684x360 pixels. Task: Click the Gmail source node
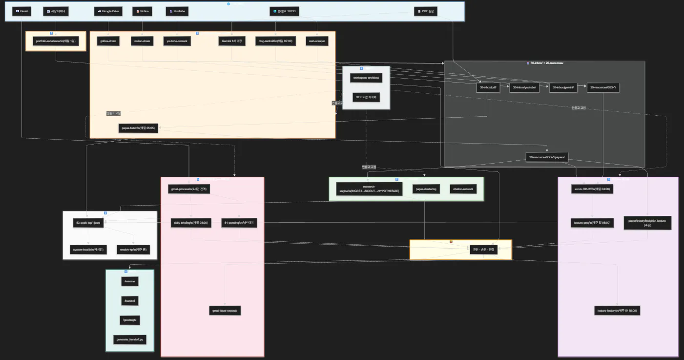click(x=22, y=11)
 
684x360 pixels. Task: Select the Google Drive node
click(x=108, y=11)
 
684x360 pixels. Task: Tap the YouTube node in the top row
click(x=177, y=11)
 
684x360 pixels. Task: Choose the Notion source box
click(x=143, y=11)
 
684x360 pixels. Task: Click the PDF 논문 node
click(x=426, y=11)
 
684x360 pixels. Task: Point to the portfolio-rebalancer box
click(x=56, y=41)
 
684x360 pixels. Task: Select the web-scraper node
click(x=317, y=41)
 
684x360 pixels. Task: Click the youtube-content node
click(x=177, y=41)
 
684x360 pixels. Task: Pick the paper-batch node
click(x=138, y=128)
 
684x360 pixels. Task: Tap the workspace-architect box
click(x=366, y=78)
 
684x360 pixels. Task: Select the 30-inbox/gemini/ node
click(x=563, y=87)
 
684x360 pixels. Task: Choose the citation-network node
click(x=463, y=189)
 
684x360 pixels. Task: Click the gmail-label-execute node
click(x=225, y=310)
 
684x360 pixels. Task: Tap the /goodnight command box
click(x=130, y=320)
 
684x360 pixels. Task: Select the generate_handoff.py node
click(x=130, y=339)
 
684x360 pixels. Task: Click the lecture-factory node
click(x=618, y=310)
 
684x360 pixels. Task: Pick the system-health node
click(x=88, y=250)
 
